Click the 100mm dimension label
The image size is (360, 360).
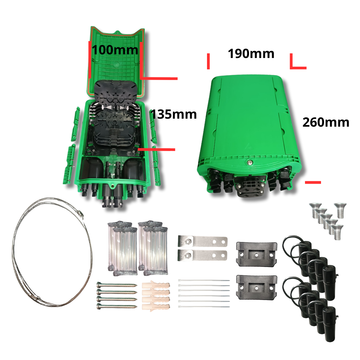click(x=115, y=50)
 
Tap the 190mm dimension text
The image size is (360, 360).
click(x=251, y=53)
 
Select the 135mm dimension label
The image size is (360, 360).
click(x=174, y=114)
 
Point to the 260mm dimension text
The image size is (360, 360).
click(x=326, y=122)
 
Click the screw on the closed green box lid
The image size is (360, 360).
click(x=250, y=163)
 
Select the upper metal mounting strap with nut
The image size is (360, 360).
click(x=203, y=242)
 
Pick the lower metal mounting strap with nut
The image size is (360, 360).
click(x=203, y=255)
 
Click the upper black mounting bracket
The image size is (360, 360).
click(x=256, y=254)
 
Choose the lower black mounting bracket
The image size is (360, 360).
click(x=256, y=287)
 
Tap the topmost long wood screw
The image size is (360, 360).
click(x=117, y=285)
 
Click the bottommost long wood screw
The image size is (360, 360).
click(x=117, y=306)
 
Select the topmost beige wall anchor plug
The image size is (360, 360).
click(x=156, y=285)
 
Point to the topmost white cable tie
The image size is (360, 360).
click(x=204, y=281)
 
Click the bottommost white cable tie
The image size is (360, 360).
click(x=204, y=307)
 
